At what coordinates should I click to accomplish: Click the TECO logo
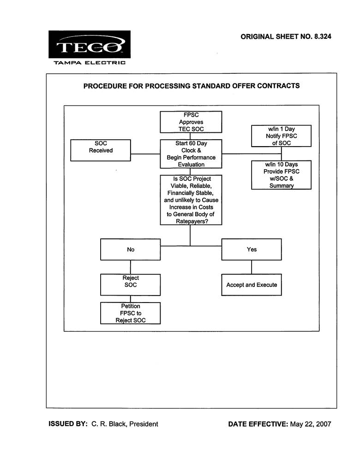[x=90, y=44]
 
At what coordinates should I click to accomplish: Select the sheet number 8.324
[x=323, y=36]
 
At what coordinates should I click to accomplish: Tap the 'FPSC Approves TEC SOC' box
[x=191, y=122]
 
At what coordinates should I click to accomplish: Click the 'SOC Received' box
[x=101, y=150]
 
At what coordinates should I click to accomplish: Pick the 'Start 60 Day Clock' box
[x=191, y=154]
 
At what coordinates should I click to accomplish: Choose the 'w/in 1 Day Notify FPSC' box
[x=281, y=136]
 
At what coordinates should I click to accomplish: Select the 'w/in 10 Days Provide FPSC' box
[x=281, y=175]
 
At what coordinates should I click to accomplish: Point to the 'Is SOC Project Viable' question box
[x=191, y=200]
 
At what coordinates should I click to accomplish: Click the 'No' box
[x=131, y=249]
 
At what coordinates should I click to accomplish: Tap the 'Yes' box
[x=252, y=249]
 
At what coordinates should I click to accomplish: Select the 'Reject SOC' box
[x=131, y=285]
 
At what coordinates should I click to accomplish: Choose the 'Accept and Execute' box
[x=252, y=285]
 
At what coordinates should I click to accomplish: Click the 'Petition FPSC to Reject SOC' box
[x=131, y=313]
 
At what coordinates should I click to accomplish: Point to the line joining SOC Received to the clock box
[x=145, y=154]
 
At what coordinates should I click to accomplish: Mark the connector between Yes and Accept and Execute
[x=252, y=267]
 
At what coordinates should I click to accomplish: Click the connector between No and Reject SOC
[x=131, y=267]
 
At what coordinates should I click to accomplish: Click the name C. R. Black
[x=109, y=424]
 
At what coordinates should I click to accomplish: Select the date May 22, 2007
[x=311, y=424]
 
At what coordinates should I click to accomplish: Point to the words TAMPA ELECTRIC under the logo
[x=90, y=63]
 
